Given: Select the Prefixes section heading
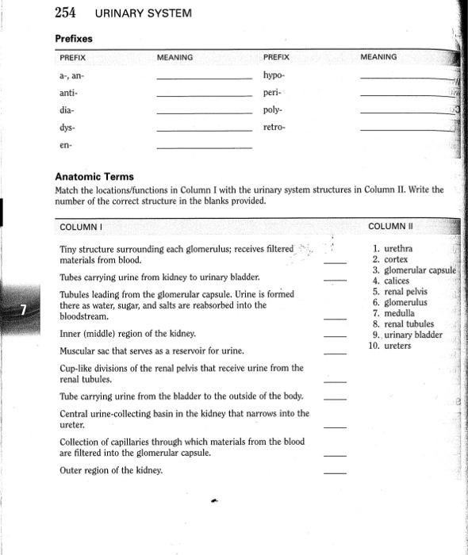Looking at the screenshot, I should click(x=74, y=38).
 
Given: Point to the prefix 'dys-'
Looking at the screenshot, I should click(x=69, y=127).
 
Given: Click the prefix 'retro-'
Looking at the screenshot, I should click(x=274, y=127).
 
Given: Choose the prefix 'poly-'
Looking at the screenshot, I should click(x=273, y=109).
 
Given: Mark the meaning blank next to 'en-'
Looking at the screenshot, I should click(x=203, y=148).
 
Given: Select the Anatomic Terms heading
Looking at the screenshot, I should click(x=94, y=177).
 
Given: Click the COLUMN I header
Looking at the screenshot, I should click(x=82, y=228).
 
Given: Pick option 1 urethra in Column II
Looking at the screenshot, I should click(x=392, y=249).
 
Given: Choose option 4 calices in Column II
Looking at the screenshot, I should click(x=391, y=281).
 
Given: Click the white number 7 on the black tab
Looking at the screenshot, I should click(x=27, y=308).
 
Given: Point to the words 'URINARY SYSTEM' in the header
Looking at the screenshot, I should click(x=144, y=13).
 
